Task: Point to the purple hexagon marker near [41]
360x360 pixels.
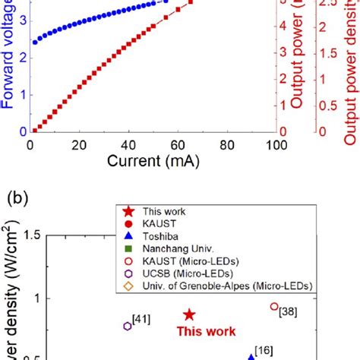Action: (127, 326)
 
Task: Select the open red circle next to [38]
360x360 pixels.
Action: (274, 307)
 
